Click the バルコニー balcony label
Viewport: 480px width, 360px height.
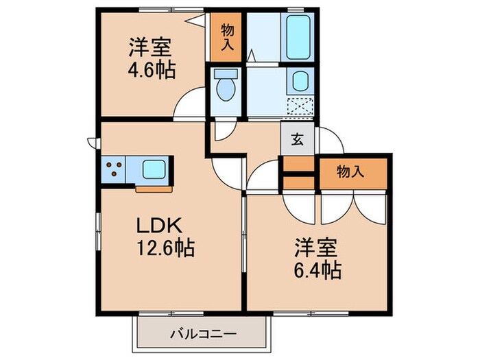[x=203, y=335]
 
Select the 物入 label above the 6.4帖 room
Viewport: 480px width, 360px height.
[x=350, y=172]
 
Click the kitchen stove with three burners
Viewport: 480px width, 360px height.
[x=115, y=169]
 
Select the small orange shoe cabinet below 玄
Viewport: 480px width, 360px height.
[x=298, y=165]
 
